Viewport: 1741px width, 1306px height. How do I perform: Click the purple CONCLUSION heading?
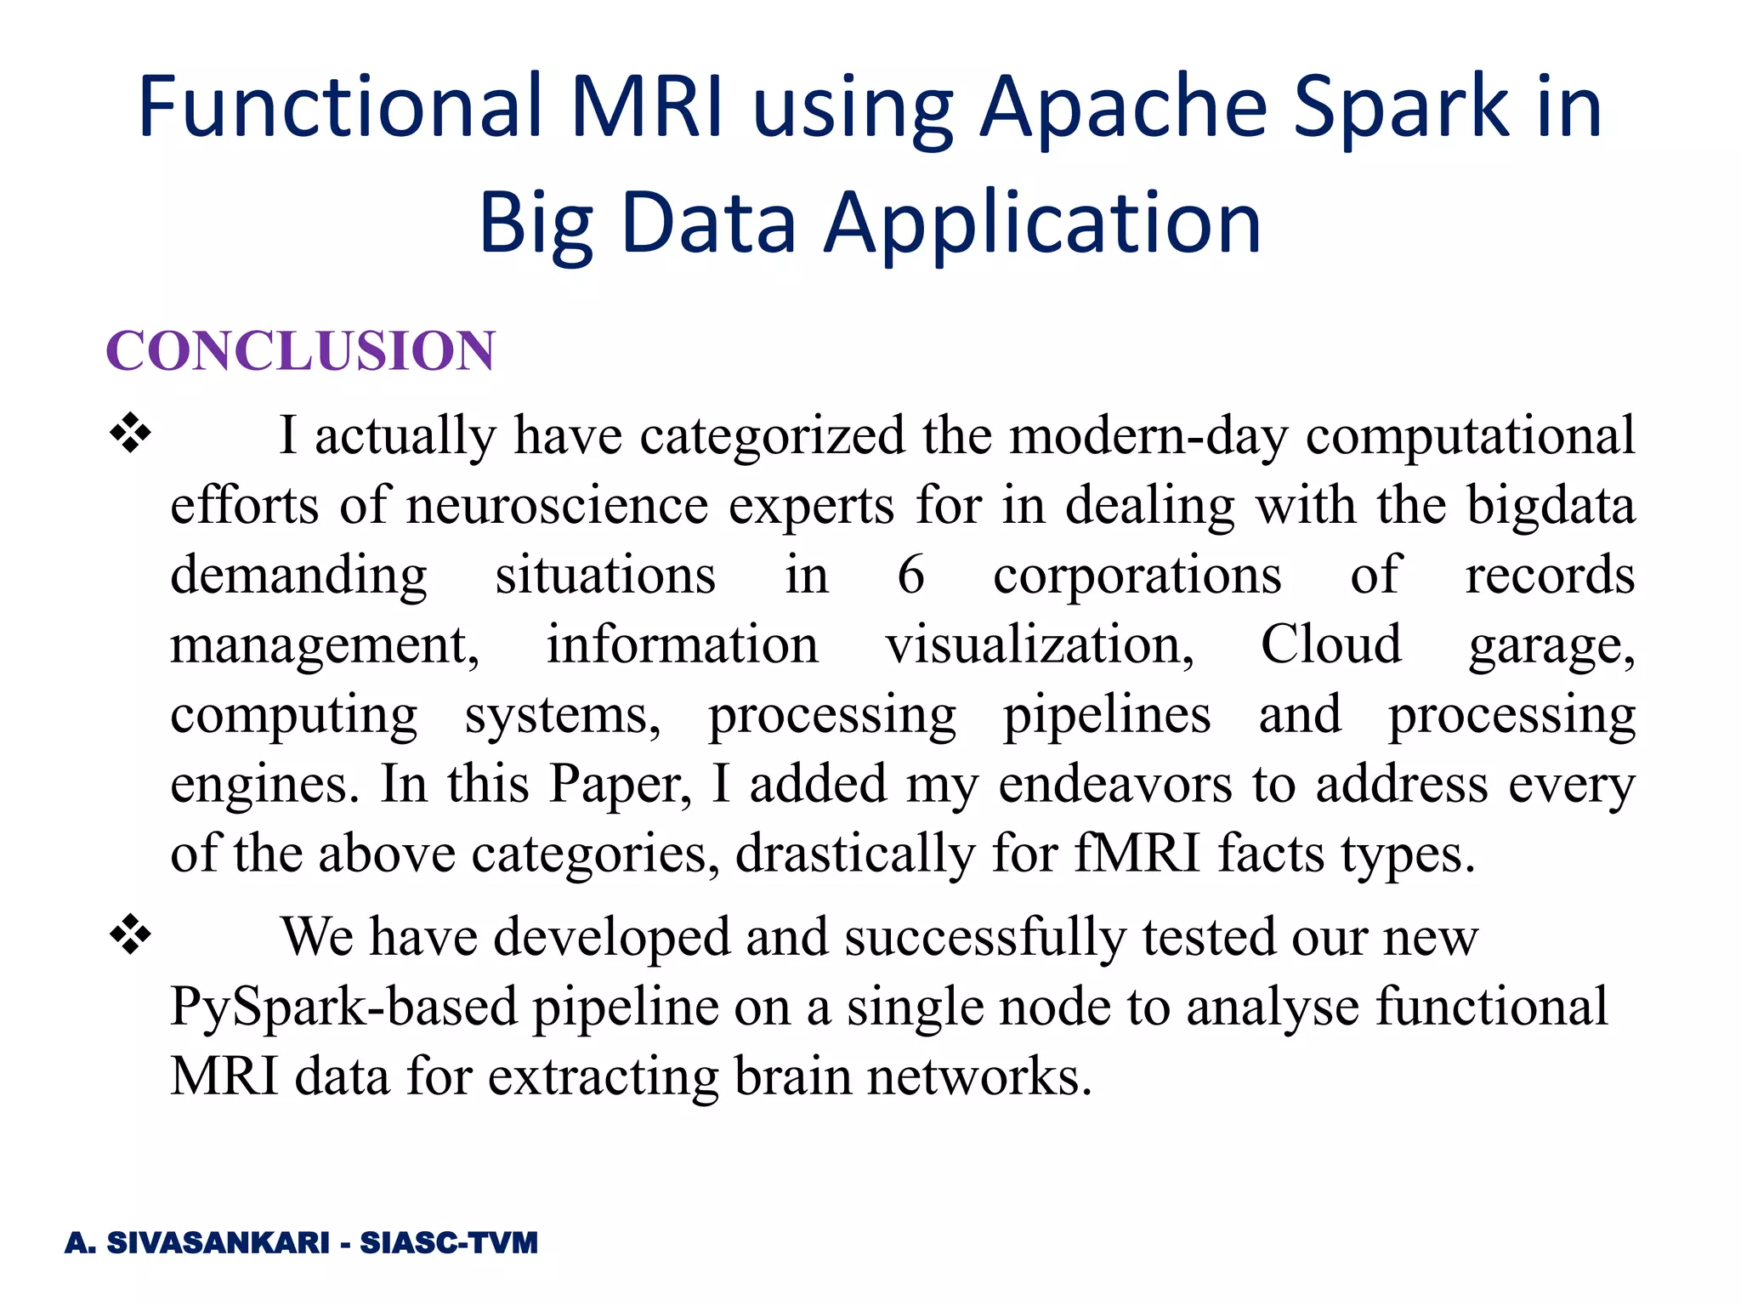point(300,351)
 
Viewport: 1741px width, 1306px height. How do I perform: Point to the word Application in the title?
point(1043,223)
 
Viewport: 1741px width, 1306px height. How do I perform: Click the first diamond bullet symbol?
point(130,434)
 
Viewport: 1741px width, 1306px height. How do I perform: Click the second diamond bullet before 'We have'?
point(130,936)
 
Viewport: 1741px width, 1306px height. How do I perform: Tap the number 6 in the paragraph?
point(910,575)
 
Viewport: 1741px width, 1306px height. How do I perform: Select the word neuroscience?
point(557,505)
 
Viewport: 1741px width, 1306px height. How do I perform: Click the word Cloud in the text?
point(1330,644)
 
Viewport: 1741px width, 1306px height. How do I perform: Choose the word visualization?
point(1040,644)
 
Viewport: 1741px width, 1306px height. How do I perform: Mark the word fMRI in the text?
point(1137,853)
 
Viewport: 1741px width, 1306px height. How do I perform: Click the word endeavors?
point(1114,784)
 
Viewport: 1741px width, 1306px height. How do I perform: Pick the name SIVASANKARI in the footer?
point(218,1243)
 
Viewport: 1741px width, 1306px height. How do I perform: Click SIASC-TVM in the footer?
point(449,1243)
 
